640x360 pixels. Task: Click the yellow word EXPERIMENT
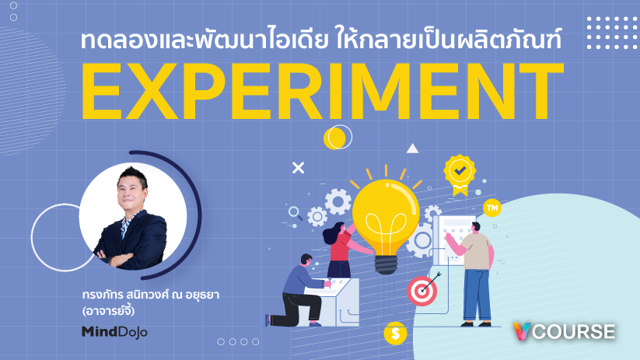(323, 91)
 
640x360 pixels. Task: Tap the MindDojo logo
(114, 332)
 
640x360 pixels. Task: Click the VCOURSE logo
(564, 331)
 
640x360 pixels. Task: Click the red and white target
(421, 291)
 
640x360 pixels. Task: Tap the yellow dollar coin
(395, 334)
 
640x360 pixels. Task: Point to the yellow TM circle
(491, 208)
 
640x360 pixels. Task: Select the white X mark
(299, 168)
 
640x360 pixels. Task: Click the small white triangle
(412, 149)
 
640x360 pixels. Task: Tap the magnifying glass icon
(295, 213)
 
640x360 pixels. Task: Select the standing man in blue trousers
(474, 274)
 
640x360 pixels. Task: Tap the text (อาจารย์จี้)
(108, 310)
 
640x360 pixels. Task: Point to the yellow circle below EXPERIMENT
(334, 138)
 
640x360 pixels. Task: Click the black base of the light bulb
(386, 264)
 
